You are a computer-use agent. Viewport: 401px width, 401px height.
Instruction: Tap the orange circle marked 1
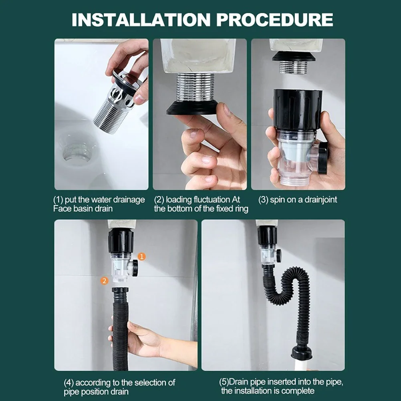pyautogui.click(x=142, y=256)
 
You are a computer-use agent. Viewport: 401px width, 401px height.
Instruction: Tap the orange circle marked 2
pyautogui.click(x=104, y=281)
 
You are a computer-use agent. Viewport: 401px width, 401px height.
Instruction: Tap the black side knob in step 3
pyautogui.click(x=323, y=158)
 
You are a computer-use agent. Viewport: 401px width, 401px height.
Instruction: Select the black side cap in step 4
pyautogui.click(x=135, y=268)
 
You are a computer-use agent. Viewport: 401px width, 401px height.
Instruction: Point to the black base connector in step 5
pyautogui.click(x=301, y=352)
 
